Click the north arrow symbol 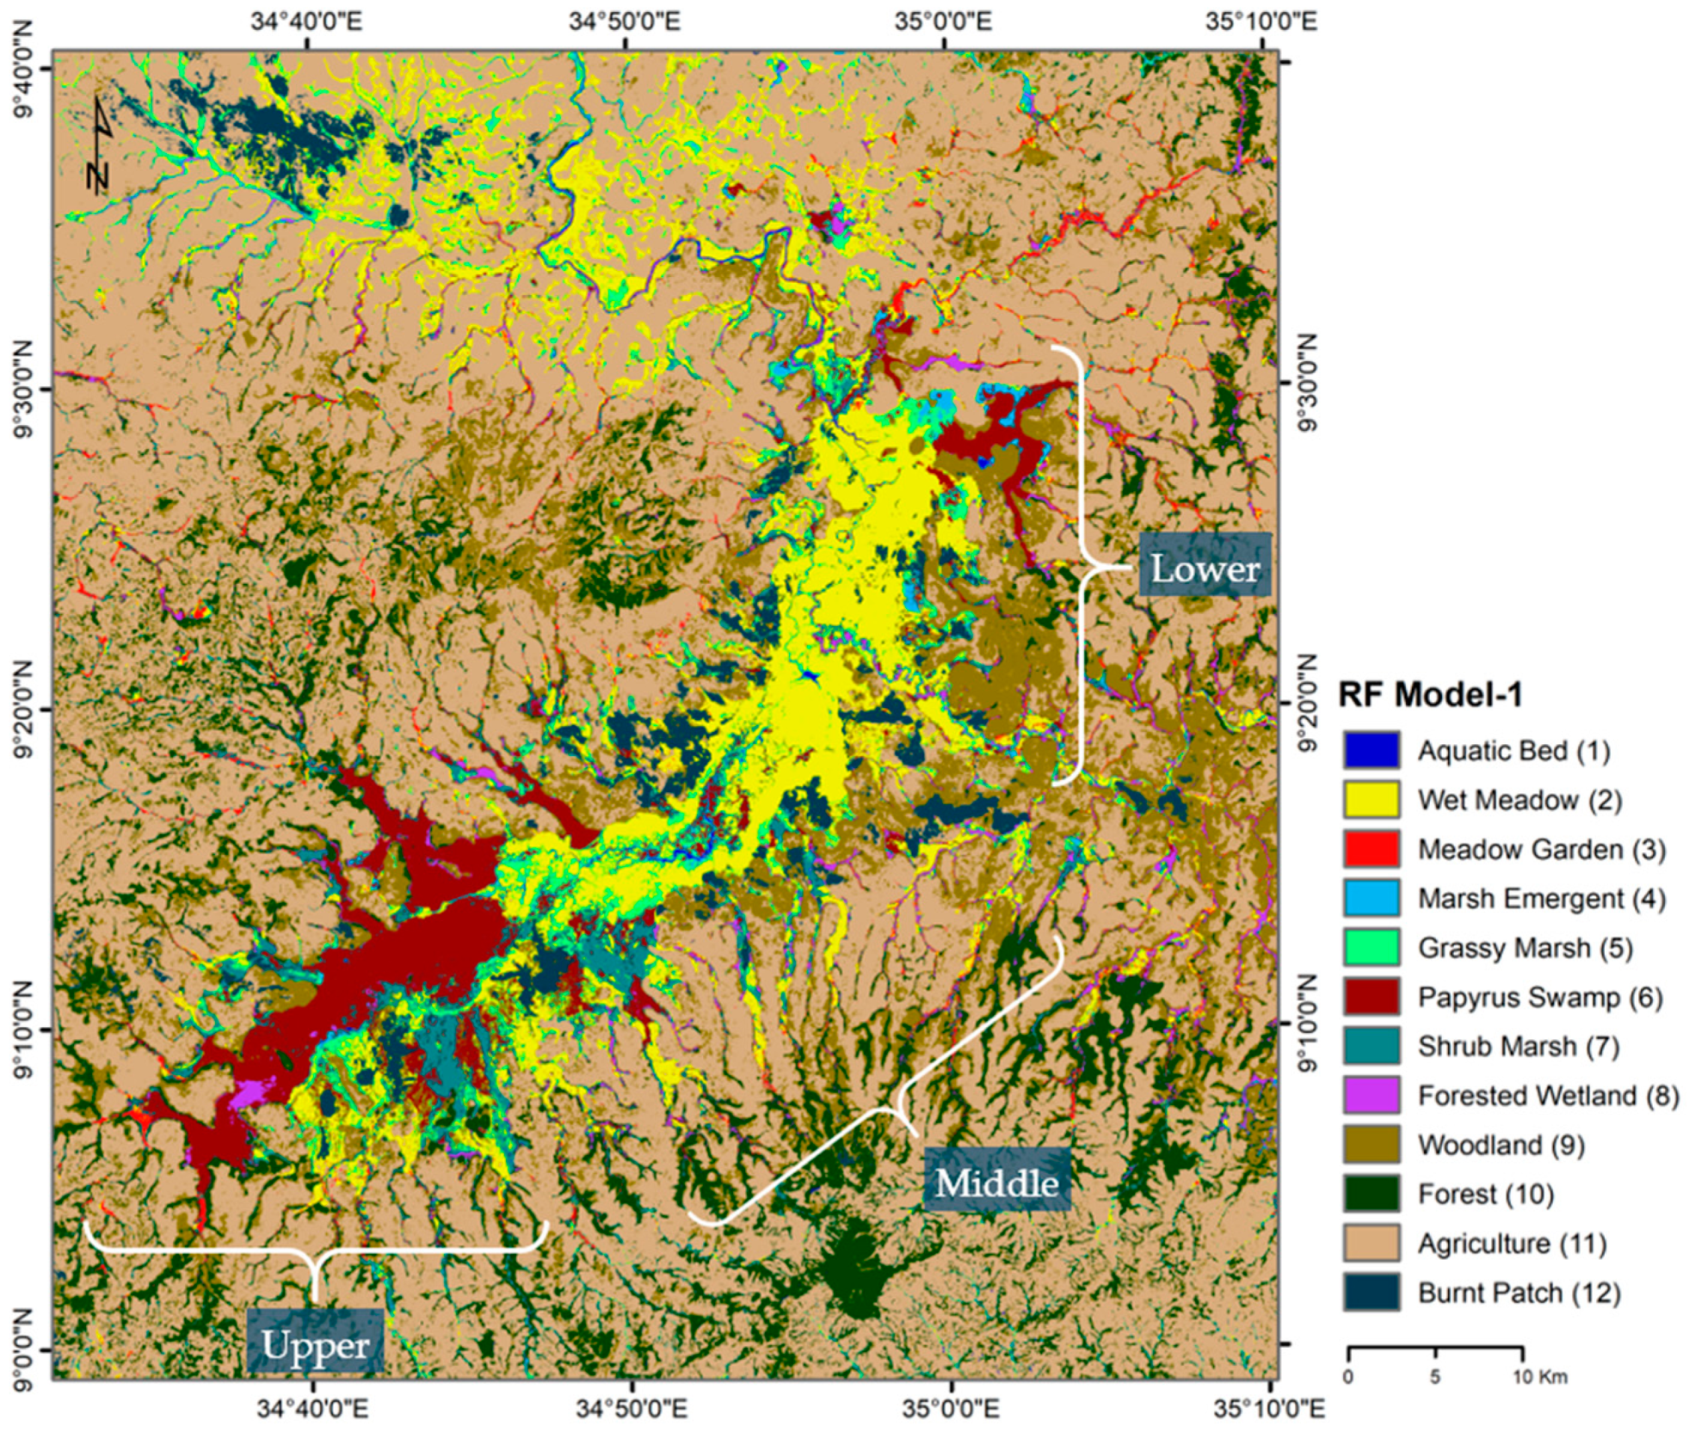point(100,144)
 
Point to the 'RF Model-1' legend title point(1430,694)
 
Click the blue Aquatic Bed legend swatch point(1372,750)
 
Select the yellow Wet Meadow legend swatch point(1372,799)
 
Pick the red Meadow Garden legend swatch point(1372,848)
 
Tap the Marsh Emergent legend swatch point(1372,897)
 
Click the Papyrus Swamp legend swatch point(1372,996)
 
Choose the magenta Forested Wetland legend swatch point(1372,1095)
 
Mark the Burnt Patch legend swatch point(1372,1292)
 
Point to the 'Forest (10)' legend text point(1485,1194)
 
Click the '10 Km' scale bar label point(1539,1377)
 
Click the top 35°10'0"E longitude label point(1261,21)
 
